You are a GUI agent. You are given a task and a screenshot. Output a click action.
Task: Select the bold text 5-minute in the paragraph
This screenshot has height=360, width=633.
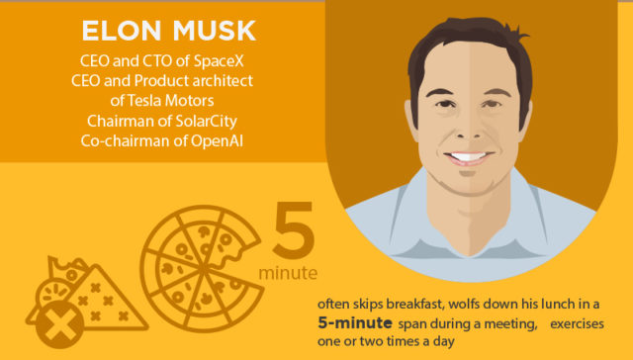pyautogui.click(x=353, y=323)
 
